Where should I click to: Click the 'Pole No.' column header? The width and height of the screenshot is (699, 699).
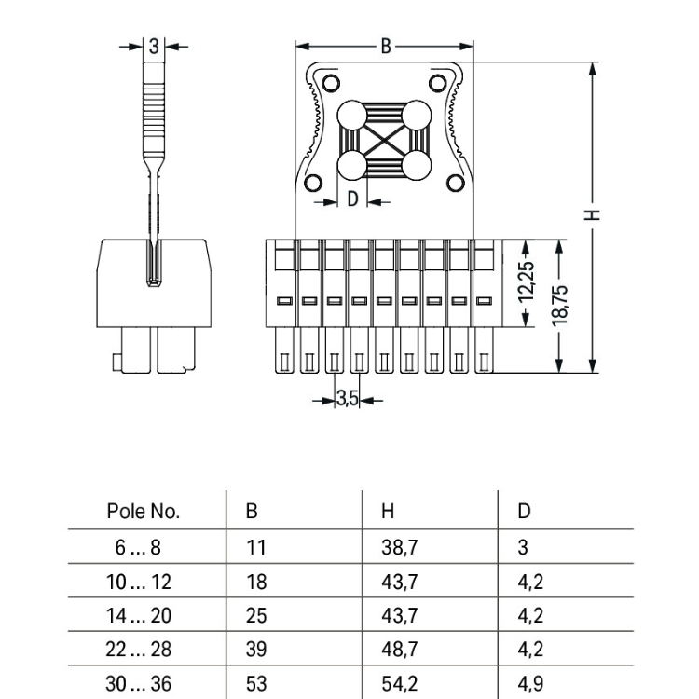point(143,512)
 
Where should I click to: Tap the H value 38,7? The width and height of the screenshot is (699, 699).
point(399,547)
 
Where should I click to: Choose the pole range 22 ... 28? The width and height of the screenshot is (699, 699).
point(138,650)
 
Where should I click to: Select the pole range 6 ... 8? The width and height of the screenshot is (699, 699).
point(138,547)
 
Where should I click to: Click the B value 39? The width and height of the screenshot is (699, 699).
point(255,650)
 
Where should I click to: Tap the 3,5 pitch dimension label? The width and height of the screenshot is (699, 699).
point(347,400)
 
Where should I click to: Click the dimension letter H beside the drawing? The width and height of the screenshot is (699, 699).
point(592,215)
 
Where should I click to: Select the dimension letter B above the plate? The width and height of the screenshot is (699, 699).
point(386,47)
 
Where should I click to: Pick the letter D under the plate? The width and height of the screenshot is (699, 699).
point(352,199)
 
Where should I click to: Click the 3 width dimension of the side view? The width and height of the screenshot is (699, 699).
point(154,45)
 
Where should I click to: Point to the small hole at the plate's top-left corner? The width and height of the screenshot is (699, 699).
point(331,83)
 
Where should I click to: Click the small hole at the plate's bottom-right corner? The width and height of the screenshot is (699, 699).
point(456,184)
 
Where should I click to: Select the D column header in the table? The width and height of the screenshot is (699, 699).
point(524,512)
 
